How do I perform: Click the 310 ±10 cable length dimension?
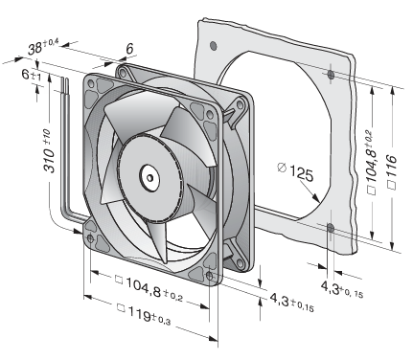50,150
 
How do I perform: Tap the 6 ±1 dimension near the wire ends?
32,75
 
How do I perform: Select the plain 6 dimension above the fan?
129,49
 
